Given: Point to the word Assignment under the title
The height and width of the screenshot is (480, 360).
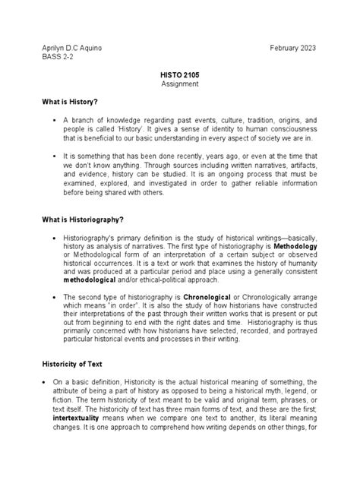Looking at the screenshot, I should tap(179, 85).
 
